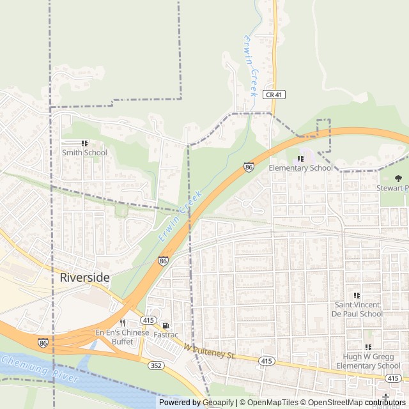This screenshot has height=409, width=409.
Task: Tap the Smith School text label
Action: pyautogui.click(x=84, y=153)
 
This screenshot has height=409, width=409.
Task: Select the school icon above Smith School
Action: pyautogui.click(x=84, y=144)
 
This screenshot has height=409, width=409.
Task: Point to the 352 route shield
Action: pyautogui.click(x=155, y=366)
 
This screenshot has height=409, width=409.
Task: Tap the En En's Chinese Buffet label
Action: pyautogui.click(x=122, y=337)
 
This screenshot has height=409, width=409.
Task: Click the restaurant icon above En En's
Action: pyautogui.click(x=122, y=323)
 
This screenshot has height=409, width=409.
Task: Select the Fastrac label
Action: pyautogui.click(x=166, y=334)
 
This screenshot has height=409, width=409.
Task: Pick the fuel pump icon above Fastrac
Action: pyautogui.click(x=166, y=325)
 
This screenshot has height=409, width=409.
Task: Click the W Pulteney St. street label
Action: pyautogui.click(x=209, y=351)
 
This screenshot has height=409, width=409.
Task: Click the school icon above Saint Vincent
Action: pyautogui.click(x=357, y=296)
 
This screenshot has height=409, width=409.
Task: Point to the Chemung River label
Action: pyautogui.click(x=40, y=369)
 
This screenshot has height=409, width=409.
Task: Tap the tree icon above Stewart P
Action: pyautogui.click(x=398, y=178)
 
